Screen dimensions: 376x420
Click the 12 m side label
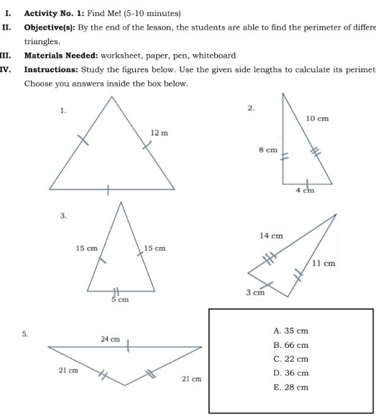[159, 133]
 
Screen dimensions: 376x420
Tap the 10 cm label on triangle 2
[317, 117]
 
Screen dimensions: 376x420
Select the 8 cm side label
[267, 150]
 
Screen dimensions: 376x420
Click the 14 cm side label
[270, 236]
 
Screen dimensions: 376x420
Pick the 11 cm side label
[324, 263]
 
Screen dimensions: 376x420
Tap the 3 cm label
[255, 293]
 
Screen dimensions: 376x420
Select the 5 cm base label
[119, 299]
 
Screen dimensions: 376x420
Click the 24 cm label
[110, 338]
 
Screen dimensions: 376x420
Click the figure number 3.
[63, 215]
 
